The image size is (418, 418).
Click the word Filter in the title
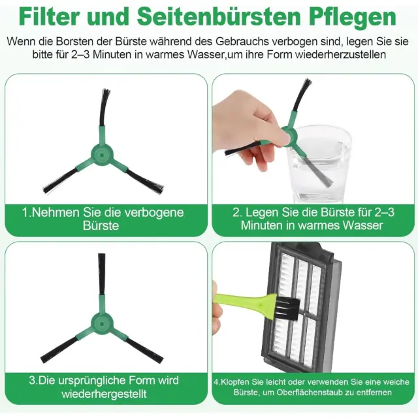pyautogui.click(x=50, y=17)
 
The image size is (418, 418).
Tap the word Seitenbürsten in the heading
pyautogui.click(x=219, y=17)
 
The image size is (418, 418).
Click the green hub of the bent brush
pyautogui.click(x=102, y=155)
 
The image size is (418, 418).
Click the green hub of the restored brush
pyautogui.click(x=102, y=324)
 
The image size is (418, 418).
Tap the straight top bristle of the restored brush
pyautogui.click(x=102, y=274)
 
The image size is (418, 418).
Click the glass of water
pyautogui.click(x=319, y=163)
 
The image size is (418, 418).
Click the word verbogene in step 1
pyautogui.click(x=154, y=212)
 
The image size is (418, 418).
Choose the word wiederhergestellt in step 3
pyautogui.click(x=104, y=394)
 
